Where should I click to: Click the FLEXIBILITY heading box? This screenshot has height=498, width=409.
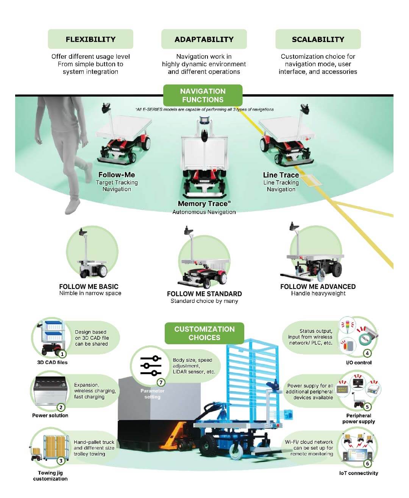(x=90, y=39)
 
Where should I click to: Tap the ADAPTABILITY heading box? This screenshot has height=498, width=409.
(x=204, y=39)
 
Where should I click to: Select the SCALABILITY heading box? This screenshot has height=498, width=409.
(x=318, y=39)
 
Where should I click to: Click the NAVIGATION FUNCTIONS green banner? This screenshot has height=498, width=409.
(x=203, y=95)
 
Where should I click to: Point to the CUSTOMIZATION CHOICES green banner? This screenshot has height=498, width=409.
(x=204, y=333)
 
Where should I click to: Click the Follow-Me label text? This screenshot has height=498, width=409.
(x=117, y=175)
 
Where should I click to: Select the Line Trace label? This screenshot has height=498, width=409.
(x=281, y=175)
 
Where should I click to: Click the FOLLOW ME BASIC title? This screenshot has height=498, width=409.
(x=89, y=287)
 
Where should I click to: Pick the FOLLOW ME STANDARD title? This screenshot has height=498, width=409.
(x=204, y=294)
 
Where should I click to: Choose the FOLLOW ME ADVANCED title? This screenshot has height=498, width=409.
(x=318, y=287)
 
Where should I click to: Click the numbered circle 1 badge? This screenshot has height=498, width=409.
(x=62, y=354)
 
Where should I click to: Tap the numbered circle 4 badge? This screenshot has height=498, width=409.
(x=367, y=353)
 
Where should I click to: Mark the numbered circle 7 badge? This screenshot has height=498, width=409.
(x=161, y=382)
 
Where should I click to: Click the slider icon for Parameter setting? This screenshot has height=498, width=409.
(x=150, y=366)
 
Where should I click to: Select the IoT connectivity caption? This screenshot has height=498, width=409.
(x=358, y=473)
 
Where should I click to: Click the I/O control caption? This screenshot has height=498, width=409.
(x=359, y=362)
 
